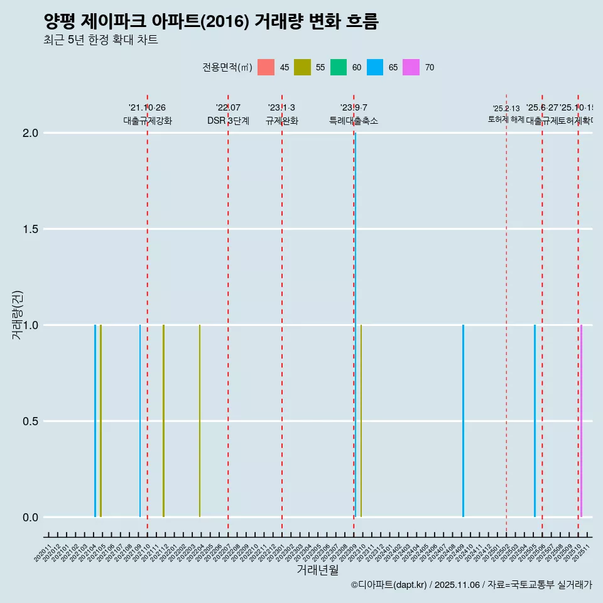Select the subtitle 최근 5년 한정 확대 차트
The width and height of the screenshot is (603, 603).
pos(100,40)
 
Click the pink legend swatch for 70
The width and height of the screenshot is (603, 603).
pos(411,67)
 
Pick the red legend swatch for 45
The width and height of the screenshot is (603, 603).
pos(266,67)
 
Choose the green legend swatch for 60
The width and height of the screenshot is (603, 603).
pos(339,67)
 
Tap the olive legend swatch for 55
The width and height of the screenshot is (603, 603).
pos(303,67)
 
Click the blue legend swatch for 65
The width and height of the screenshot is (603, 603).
pos(375,67)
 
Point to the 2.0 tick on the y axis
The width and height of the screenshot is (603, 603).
pos(31,133)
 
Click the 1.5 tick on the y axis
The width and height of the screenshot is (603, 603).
pos(31,229)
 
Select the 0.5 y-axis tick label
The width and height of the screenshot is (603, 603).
pos(31,421)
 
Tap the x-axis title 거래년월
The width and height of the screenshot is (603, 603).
pos(317,570)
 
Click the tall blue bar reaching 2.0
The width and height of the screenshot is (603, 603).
pos(355,314)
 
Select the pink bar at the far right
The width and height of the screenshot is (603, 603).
pos(581,421)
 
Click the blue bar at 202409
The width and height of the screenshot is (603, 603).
pos(463,421)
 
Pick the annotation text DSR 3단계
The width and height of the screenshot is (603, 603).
pos(228,121)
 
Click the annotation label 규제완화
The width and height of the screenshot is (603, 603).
pos(281,121)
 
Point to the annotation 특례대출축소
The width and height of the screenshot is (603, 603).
pos(354,121)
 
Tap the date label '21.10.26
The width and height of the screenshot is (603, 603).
pos(147,108)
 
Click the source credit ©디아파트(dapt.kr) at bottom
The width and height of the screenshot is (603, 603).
pos(389,585)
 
